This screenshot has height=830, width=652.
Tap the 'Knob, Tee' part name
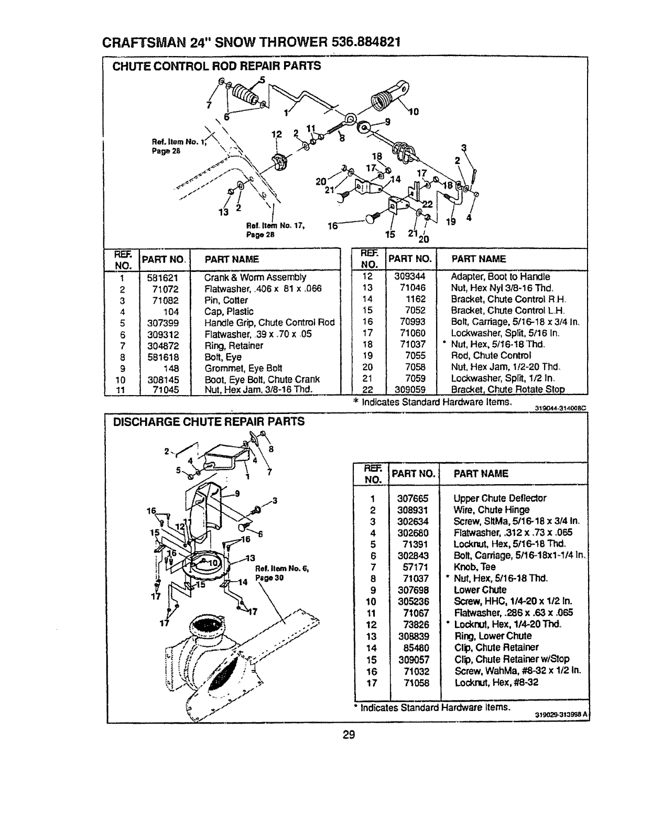tap(474, 567)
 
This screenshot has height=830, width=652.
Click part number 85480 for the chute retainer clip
tap(415, 648)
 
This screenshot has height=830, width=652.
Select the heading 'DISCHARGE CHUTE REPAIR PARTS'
tap(208, 421)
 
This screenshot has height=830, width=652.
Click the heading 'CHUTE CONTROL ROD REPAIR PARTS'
tap(215, 66)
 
